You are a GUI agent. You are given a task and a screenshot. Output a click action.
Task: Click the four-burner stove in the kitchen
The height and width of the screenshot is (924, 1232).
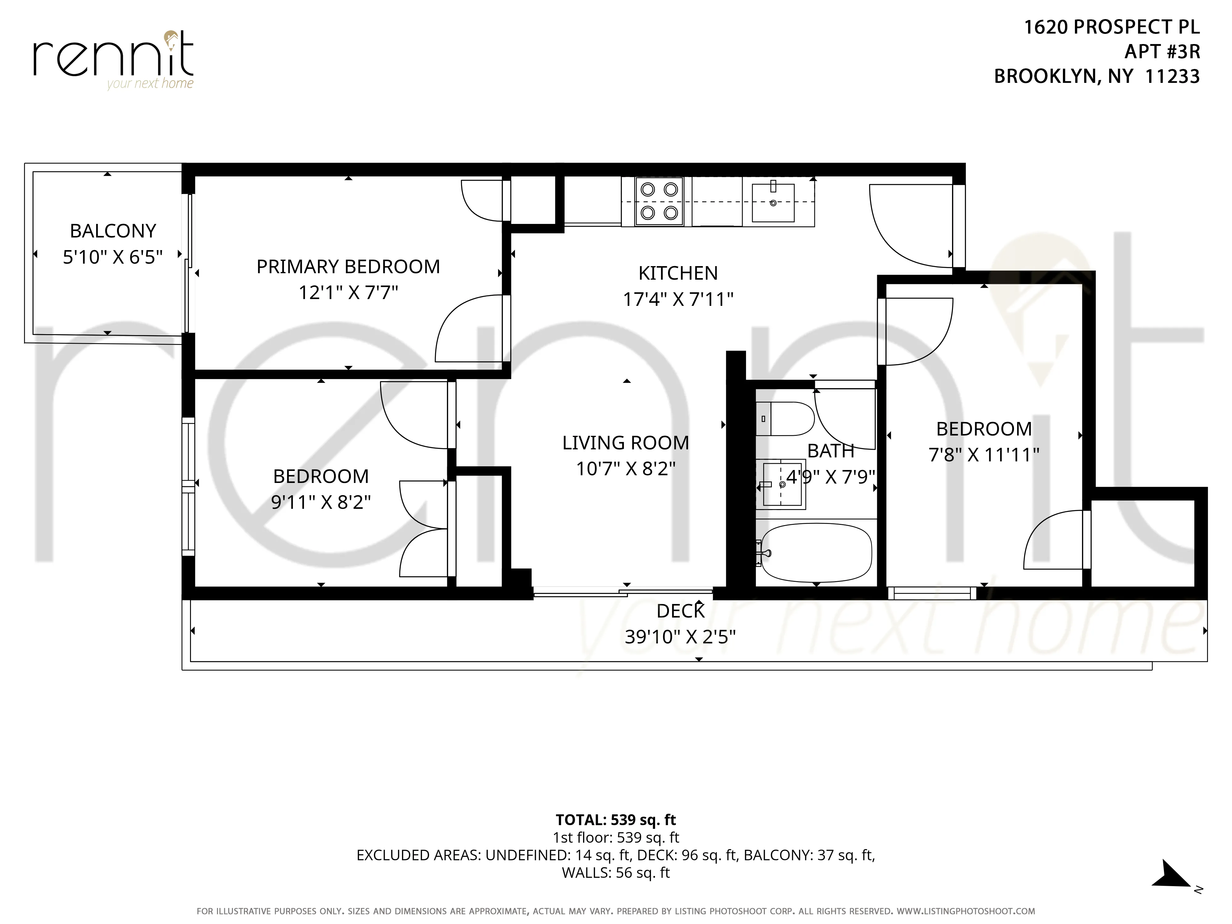pyautogui.click(x=659, y=201)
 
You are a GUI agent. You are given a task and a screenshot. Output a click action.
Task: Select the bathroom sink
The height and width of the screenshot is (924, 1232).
pyautogui.click(x=781, y=484)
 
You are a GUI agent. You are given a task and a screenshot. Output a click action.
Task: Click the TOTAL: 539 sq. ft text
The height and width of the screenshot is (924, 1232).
pyautogui.click(x=615, y=820)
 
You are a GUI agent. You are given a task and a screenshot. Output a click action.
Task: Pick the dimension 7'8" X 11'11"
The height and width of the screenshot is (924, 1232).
pyautogui.click(x=983, y=455)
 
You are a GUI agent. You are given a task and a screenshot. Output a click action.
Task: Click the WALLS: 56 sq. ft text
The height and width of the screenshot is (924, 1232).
pyautogui.click(x=615, y=873)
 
